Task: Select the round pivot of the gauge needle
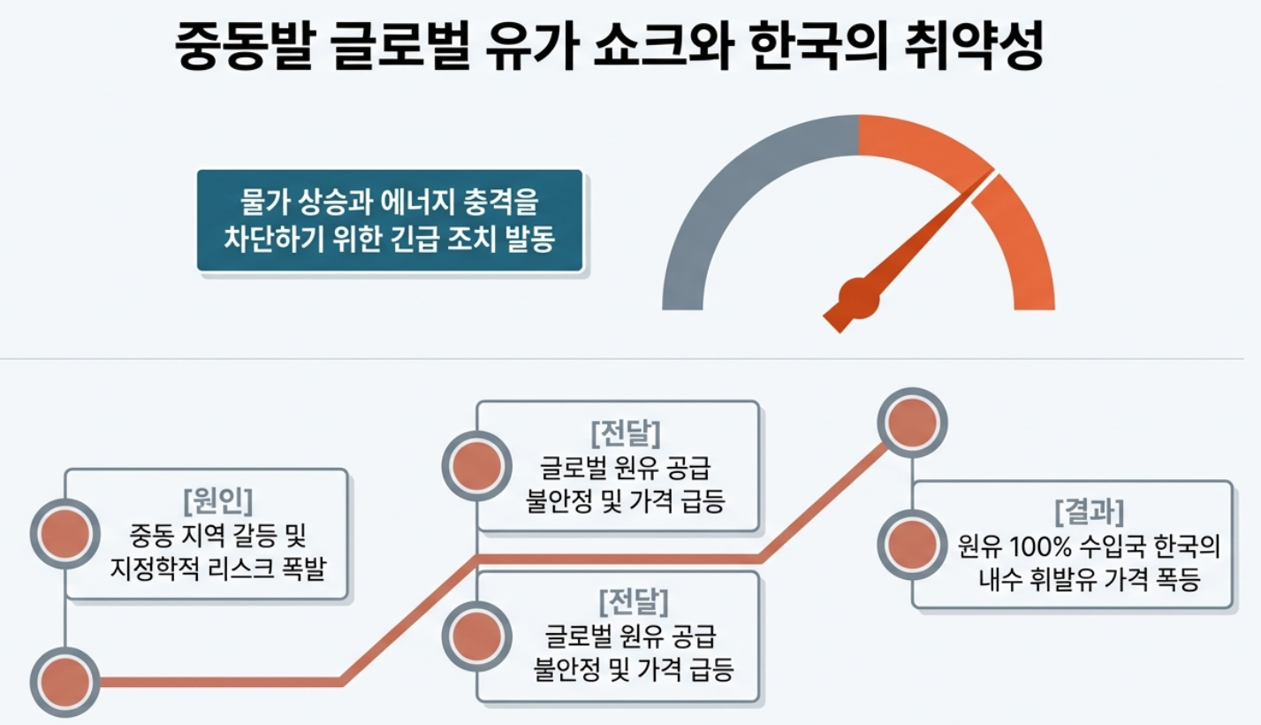pyautogui.click(x=859, y=297)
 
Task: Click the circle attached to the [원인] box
pyautogui.click(x=65, y=532)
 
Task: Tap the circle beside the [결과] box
pyautogui.click(x=912, y=542)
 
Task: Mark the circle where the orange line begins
pyautogui.click(x=65, y=682)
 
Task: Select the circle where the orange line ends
pyautogui.click(x=912, y=422)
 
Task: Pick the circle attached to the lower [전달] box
pyautogui.click(x=477, y=635)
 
